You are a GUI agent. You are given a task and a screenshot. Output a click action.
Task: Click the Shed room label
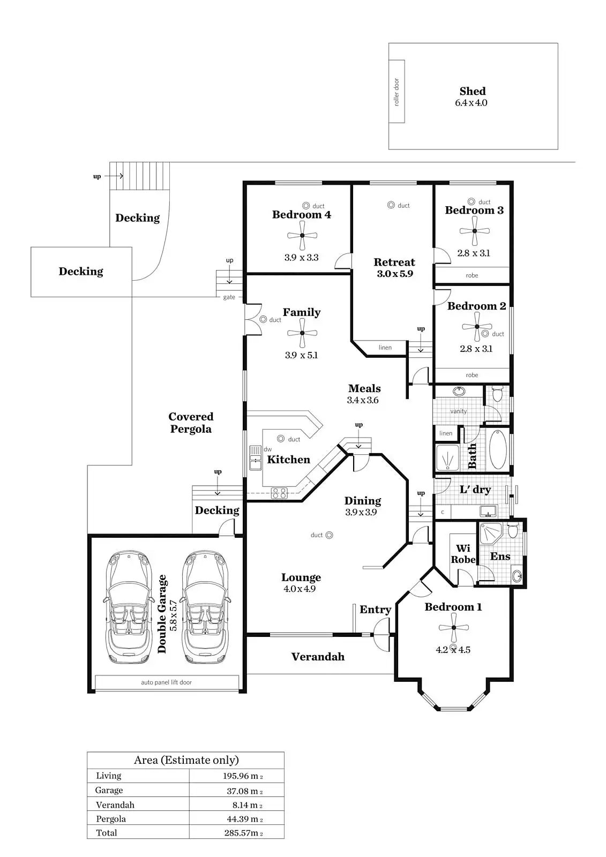pos(472,92)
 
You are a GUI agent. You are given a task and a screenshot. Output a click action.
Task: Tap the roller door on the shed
pos(396,92)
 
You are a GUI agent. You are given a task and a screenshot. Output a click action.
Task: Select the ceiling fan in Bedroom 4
pos(302,236)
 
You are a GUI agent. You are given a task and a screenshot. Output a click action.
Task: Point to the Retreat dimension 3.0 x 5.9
pos(394,274)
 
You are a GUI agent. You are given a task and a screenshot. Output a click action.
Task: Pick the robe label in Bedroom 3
pos(472,275)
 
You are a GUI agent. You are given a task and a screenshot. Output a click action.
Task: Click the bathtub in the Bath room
pos(498,449)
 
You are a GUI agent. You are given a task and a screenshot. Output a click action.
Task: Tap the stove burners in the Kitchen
pos(279,492)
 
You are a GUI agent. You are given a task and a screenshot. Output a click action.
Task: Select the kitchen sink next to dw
pos(255,457)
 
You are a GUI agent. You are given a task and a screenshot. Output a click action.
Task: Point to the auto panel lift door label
pos(166,682)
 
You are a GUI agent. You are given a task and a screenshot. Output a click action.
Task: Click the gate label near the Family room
pos(229,297)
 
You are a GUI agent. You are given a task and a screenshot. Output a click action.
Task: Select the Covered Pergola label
pos(191,423)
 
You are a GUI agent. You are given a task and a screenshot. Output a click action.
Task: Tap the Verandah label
pos(318,657)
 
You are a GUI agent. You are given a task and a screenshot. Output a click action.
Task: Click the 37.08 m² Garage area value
pos(244,791)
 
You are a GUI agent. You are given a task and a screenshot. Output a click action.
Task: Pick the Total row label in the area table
pos(106,833)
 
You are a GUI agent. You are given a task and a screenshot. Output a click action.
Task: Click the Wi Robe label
pos(463,554)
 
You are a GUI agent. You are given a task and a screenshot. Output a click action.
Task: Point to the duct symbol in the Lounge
pos(329,535)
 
